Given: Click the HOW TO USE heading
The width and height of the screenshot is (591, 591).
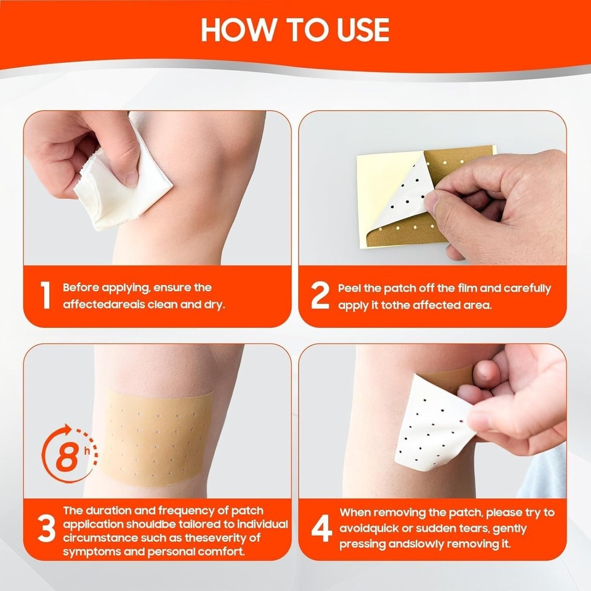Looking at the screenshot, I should pyautogui.click(x=295, y=29).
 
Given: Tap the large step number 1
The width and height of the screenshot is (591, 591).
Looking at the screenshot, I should pyautogui.click(x=45, y=296).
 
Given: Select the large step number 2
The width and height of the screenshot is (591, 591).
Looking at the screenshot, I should pyautogui.click(x=320, y=296).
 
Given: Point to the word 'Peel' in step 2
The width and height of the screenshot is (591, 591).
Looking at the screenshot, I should pyautogui.click(x=350, y=288).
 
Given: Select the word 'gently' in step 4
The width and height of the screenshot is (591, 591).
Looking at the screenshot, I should pyautogui.click(x=507, y=529).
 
